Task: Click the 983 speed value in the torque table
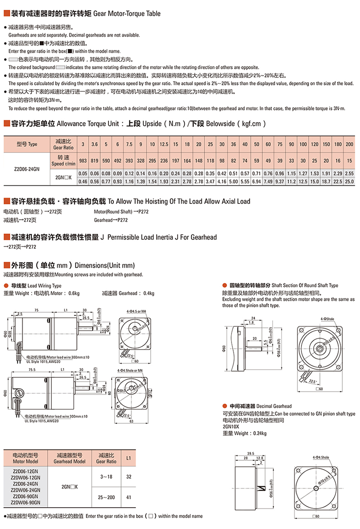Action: (83, 161)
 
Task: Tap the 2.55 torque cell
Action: (349, 173)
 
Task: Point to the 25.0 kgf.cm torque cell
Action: (349, 181)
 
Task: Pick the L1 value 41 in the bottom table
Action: (129, 497)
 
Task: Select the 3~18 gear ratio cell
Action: (106, 477)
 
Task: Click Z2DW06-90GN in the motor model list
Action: (25, 503)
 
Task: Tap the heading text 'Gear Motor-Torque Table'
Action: (127, 14)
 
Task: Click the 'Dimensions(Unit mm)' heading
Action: (104, 265)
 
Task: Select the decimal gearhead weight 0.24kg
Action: (257, 433)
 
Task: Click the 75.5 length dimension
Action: (32, 370)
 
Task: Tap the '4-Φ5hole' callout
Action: (327, 320)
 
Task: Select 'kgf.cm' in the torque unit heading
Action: (250, 124)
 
